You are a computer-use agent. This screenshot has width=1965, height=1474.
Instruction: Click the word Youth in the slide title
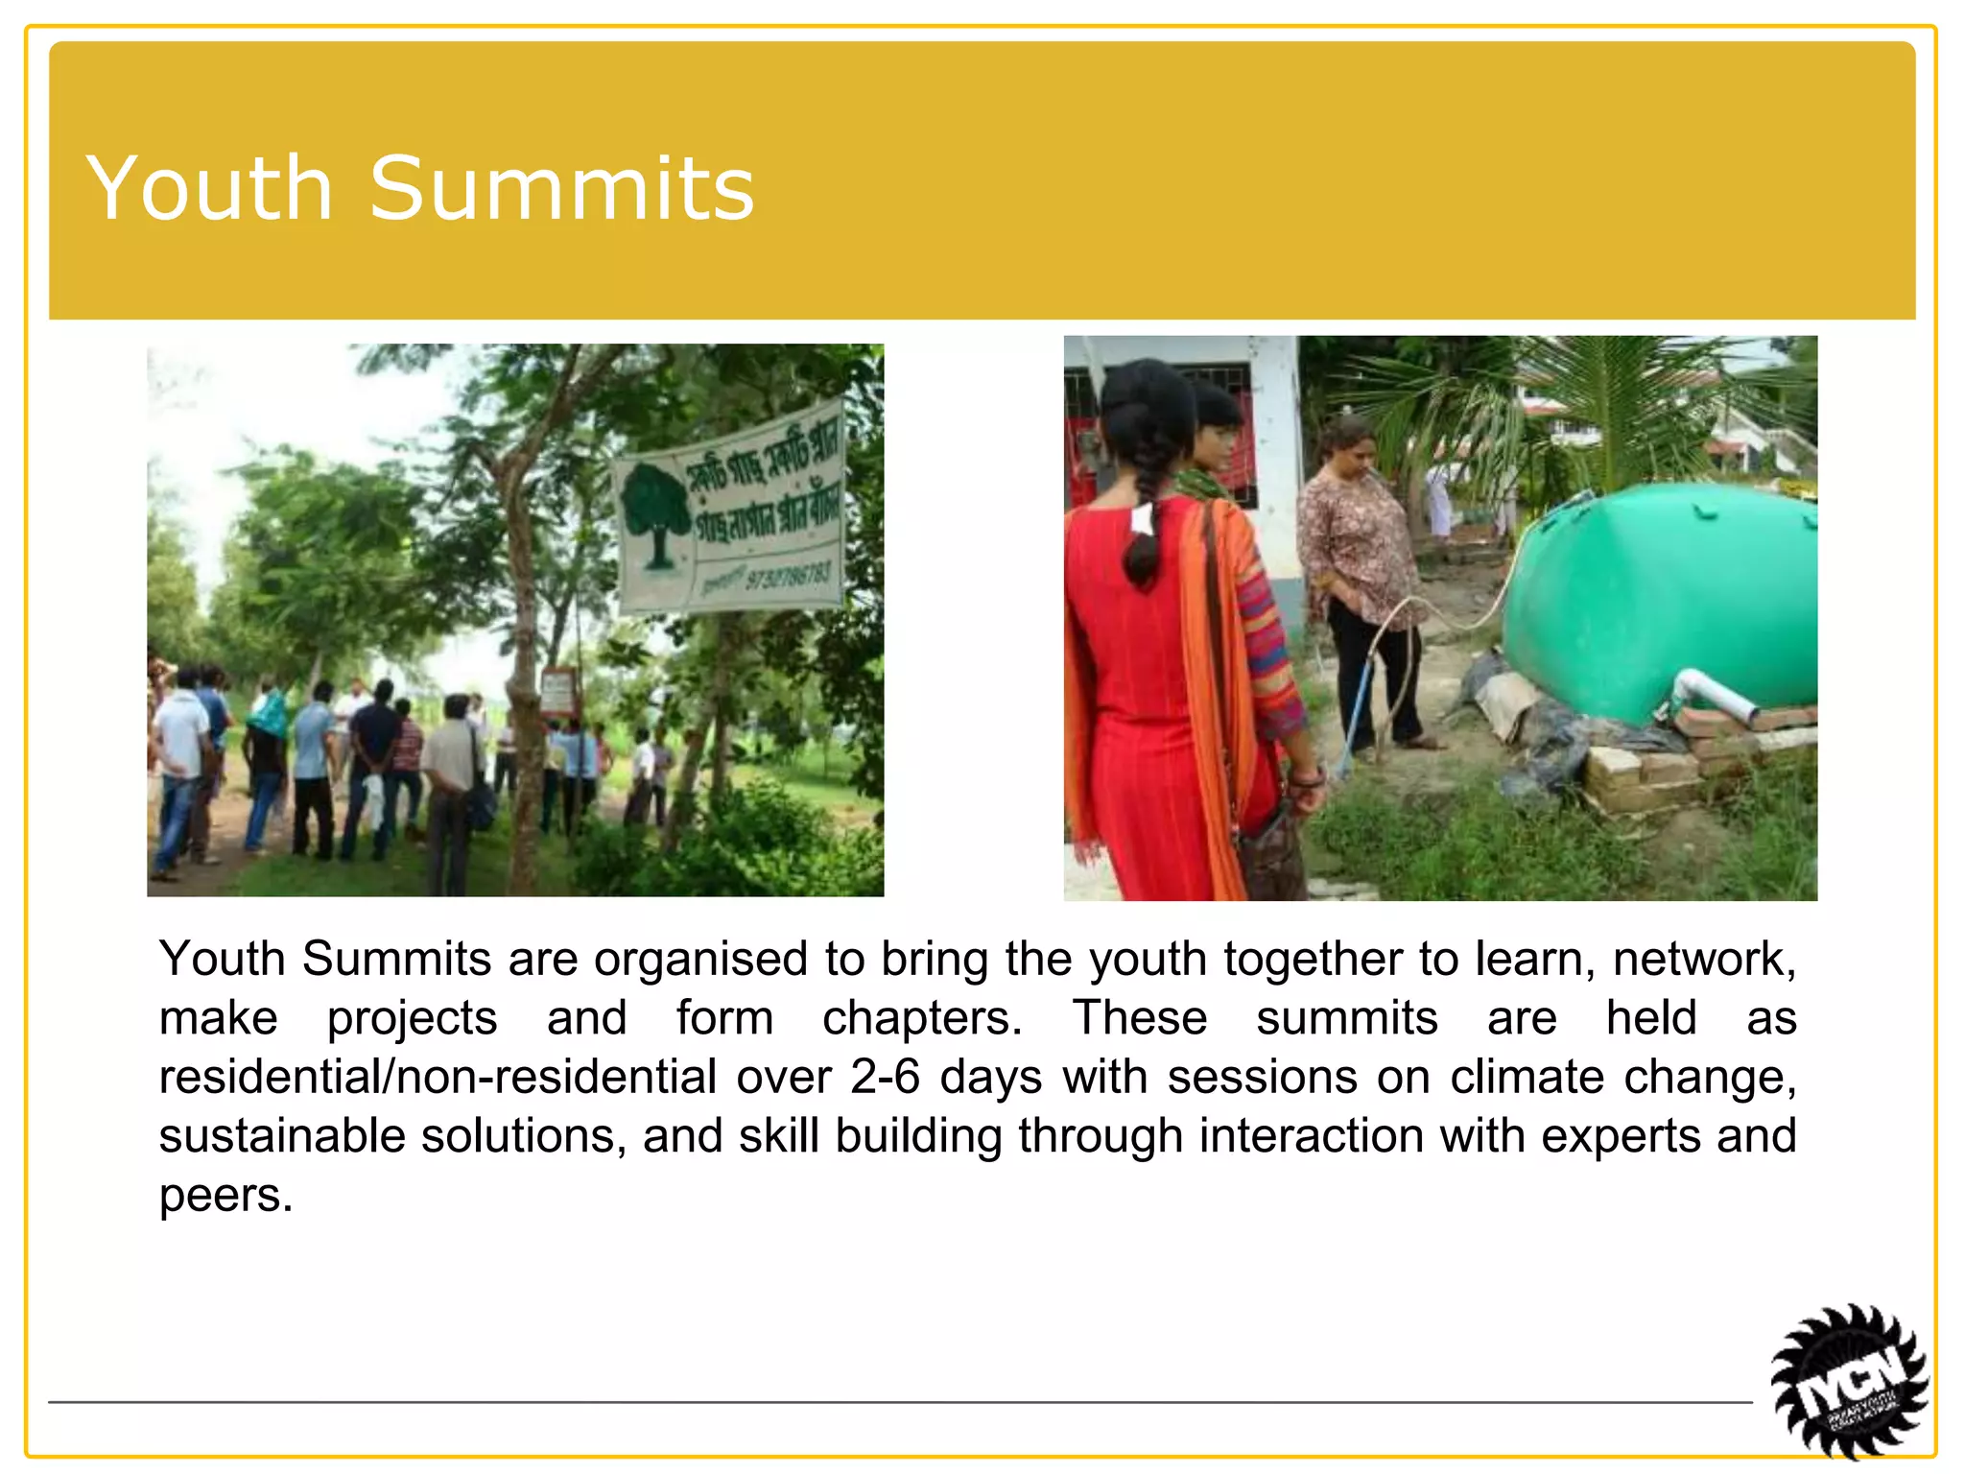click(x=209, y=188)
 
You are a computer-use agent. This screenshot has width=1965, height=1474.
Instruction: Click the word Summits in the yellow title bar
click(x=562, y=188)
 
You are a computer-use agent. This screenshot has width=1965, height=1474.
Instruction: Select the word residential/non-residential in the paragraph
click(x=438, y=1077)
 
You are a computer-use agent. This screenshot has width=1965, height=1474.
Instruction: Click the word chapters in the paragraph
click(x=921, y=1017)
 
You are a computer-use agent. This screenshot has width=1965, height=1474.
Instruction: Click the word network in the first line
click(x=1703, y=959)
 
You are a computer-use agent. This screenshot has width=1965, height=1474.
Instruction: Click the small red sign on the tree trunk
click(x=557, y=691)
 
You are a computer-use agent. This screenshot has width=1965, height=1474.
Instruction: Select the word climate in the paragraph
click(x=1527, y=1077)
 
